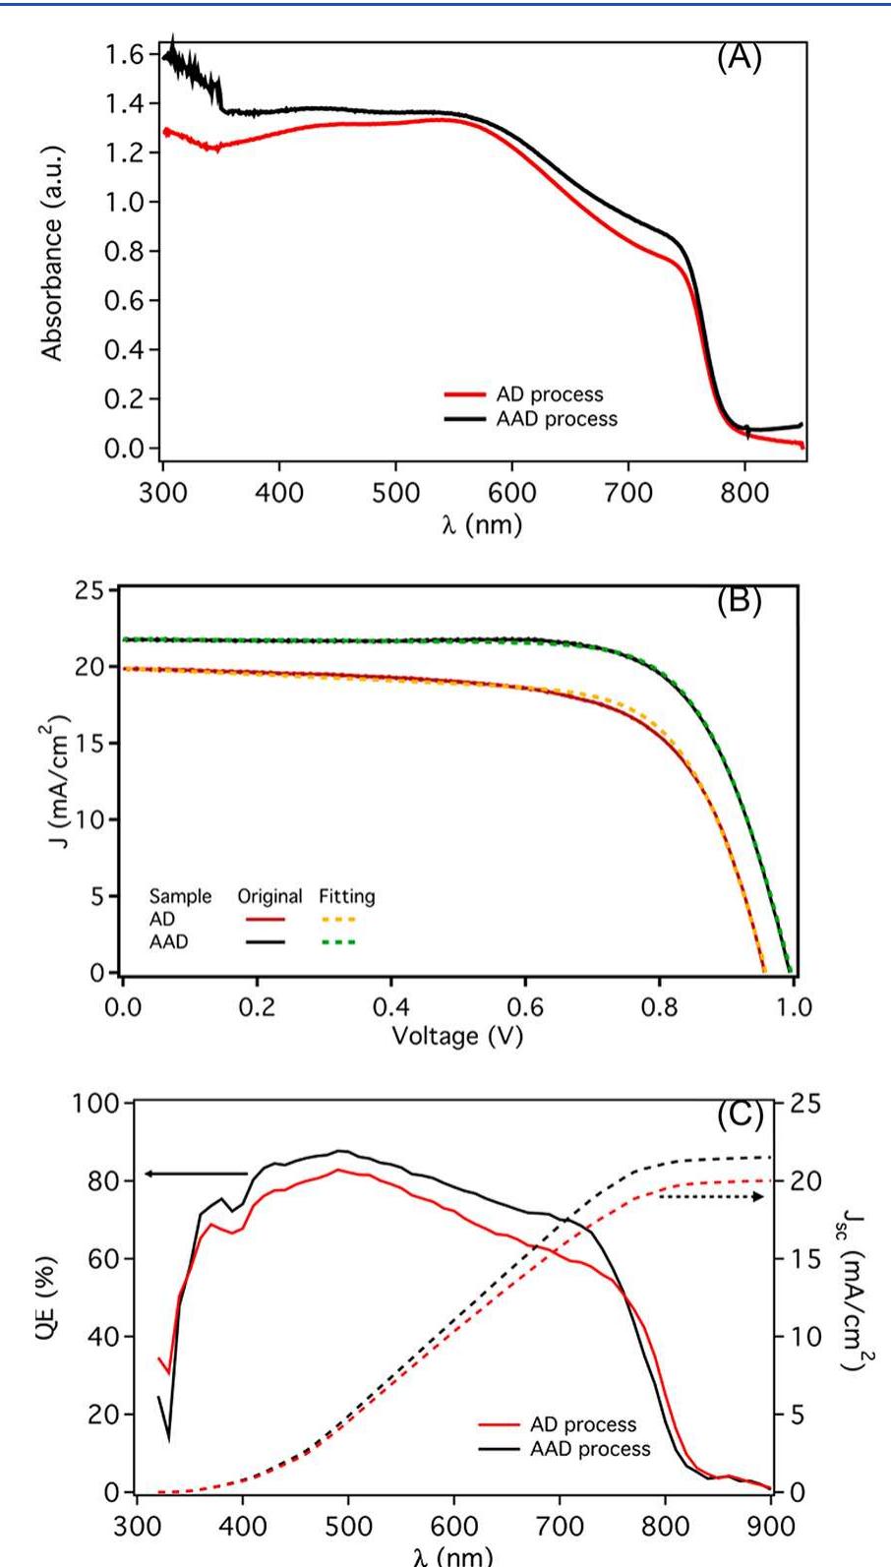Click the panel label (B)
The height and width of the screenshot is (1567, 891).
pyautogui.click(x=738, y=601)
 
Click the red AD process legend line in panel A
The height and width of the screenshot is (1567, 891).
pyautogui.click(x=465, y=394)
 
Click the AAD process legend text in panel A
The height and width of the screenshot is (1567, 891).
pyautogui.click(x=557, y=419)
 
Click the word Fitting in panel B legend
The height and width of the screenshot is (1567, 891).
pyautogui.click(x=346, y=896)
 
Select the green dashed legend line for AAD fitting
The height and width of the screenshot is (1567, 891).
pyautogui.click(x=337, y=942)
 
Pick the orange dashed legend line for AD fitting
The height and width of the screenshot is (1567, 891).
pyautogui.click(x=337, y=920)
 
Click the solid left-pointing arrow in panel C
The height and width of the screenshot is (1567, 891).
pyautogui.click(x=197, y=1173)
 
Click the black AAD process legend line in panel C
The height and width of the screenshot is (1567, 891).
pyautogui.click(x=499, y=1449)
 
